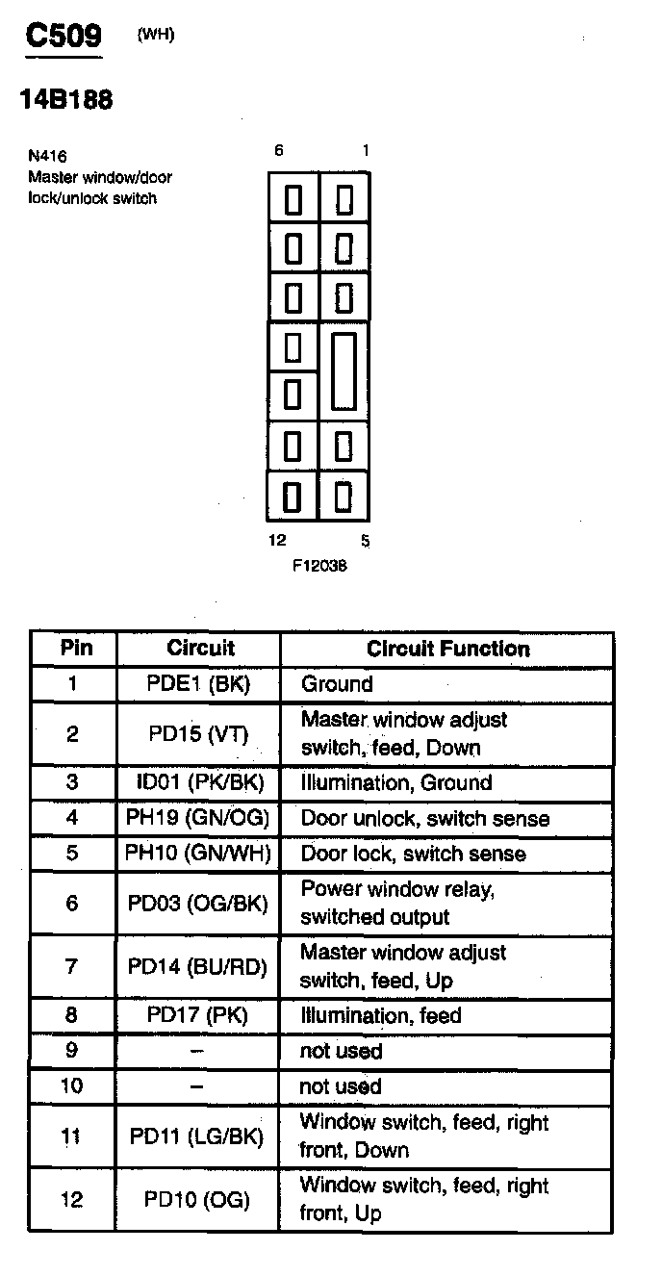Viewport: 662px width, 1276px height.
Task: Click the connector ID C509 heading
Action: click(x=64, y=36)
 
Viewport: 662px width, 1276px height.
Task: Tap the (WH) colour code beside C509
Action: click(x=156, y=35)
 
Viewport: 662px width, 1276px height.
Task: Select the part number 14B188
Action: click(x=66, y=99)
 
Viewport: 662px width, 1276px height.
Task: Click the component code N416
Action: click(x=47, y=156)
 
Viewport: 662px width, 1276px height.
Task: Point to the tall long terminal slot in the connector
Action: click(x=344, y=371)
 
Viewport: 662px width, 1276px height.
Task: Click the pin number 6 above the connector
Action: click(x=279, y=150)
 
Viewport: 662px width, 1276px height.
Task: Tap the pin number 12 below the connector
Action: click(x=277, y=540)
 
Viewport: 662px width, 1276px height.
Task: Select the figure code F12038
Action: click(x=319, y=566)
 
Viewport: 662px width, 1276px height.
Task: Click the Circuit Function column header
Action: click(x=448, y=649)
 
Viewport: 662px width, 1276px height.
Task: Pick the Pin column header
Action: click(x=76, y=648)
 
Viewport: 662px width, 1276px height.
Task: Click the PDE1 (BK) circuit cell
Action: click(x=198, y=683)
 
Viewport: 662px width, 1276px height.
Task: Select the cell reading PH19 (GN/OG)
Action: click(x=197, y=818)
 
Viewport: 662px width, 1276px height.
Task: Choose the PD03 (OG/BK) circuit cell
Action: click(x=197, y=904)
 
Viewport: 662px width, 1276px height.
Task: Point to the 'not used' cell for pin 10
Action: click(x=341, y=1086)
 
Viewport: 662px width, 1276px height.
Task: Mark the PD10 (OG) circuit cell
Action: click(x=197, y=1200)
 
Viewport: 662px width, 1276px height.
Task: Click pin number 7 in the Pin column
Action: click(x=71, y=966)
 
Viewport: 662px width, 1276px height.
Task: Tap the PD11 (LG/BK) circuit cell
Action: click(x=197, y=1136)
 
